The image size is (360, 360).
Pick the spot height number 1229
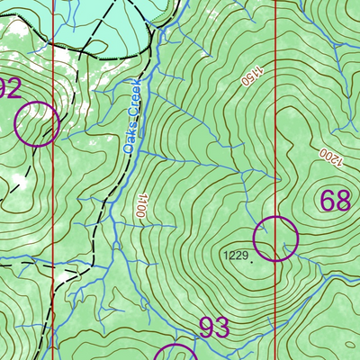coord(235,256)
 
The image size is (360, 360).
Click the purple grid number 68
coord(334,201)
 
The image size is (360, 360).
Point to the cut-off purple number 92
coord(9,88)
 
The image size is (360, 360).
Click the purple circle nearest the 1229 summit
coord(274,238)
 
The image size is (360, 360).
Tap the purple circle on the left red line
coord(37,123)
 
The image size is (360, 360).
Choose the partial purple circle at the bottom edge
coord(176,352)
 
